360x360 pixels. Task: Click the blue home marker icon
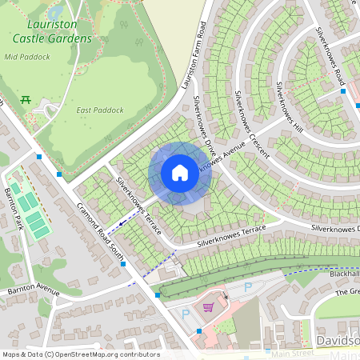pos(180,173)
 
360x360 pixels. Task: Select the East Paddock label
pos(94,110)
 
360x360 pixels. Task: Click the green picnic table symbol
pos(26,100)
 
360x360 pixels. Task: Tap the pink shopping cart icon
pos(208,307)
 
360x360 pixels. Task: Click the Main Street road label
pos(291,354)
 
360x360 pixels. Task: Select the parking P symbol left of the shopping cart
pos(186,314)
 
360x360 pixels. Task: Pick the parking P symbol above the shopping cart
pos(247,286)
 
